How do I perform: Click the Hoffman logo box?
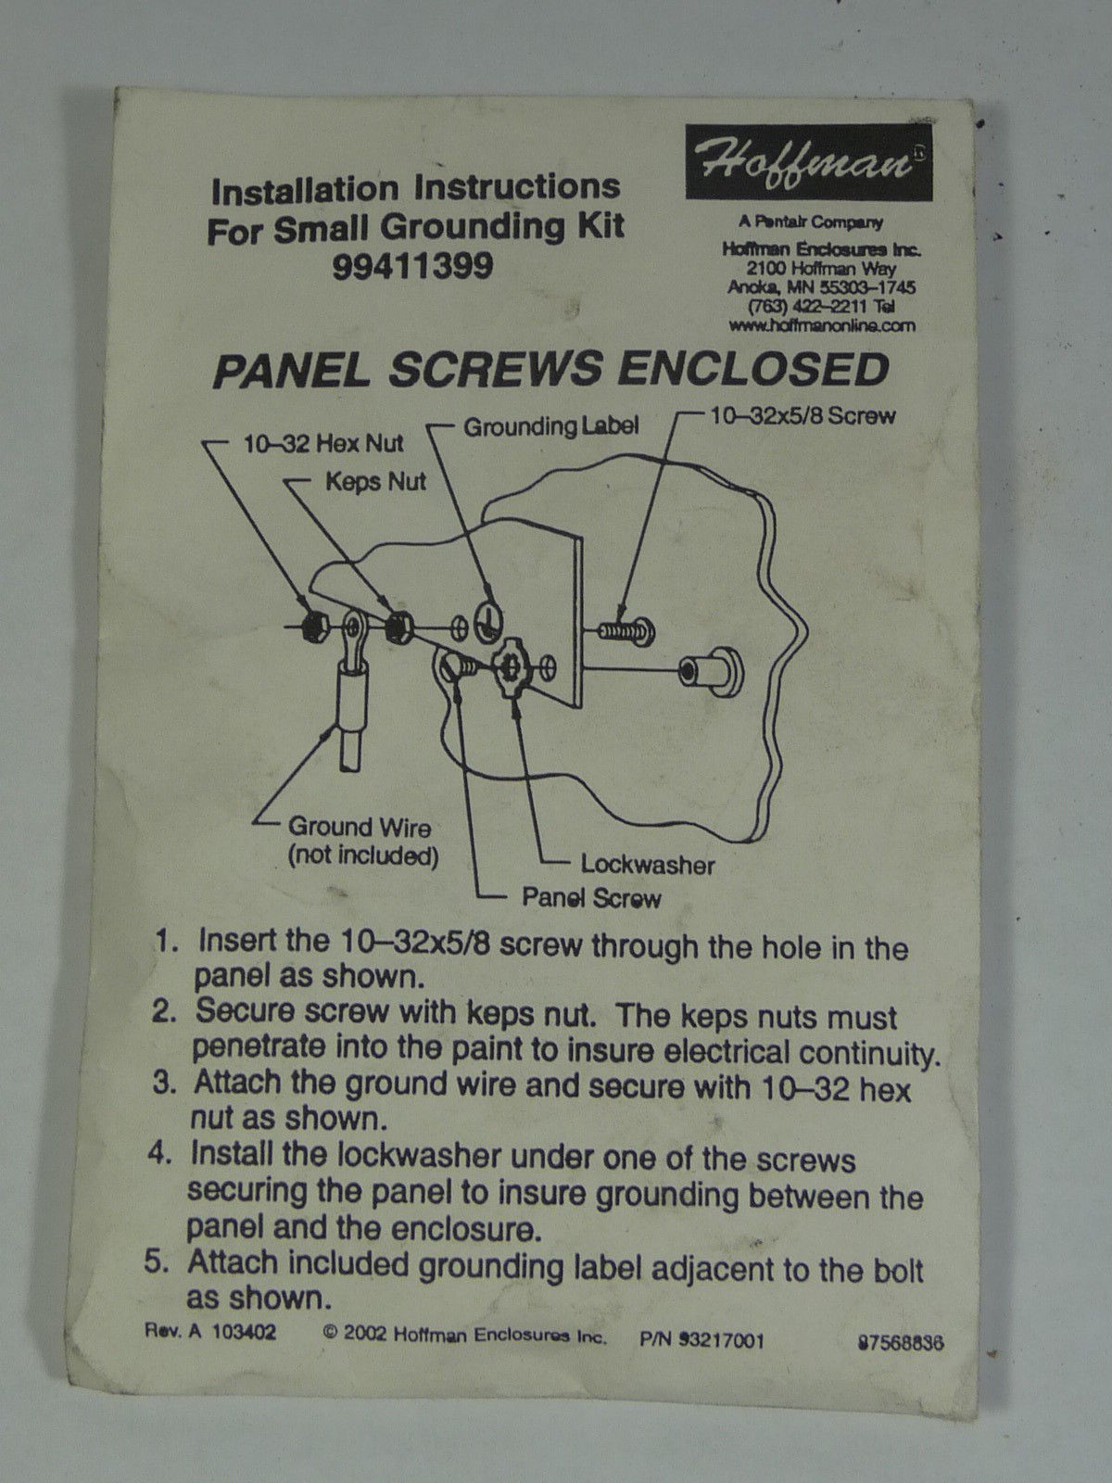809,161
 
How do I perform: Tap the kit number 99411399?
412,266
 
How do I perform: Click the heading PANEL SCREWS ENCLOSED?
551,370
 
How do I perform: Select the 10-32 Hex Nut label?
323,444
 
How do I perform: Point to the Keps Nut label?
376,482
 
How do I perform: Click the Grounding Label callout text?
551,426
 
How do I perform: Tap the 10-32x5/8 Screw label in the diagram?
802,415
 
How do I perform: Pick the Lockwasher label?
648,865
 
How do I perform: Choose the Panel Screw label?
591,898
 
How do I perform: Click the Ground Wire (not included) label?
362,842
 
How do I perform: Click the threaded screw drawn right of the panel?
625,631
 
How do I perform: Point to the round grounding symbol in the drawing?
487,622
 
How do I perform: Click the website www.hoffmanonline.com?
822,325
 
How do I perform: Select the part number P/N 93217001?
701,1338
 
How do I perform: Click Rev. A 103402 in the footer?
210,1331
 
